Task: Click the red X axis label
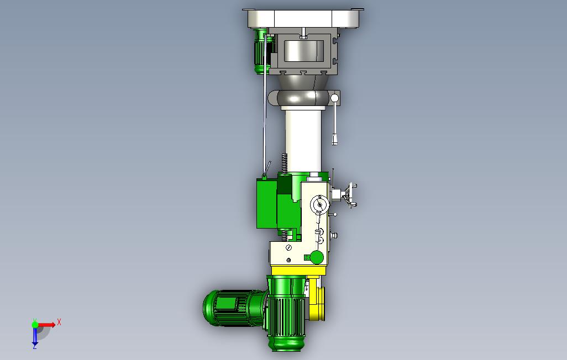pos(59,322)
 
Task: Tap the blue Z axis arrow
pos(35,336)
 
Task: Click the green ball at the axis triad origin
pos(35,325)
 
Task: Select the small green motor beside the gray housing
pos(261,51)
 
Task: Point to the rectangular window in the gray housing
pos(303,51)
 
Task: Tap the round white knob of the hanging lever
pos(334,98)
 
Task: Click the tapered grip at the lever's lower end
pos(335,139)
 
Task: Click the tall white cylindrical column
pos(303,141)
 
